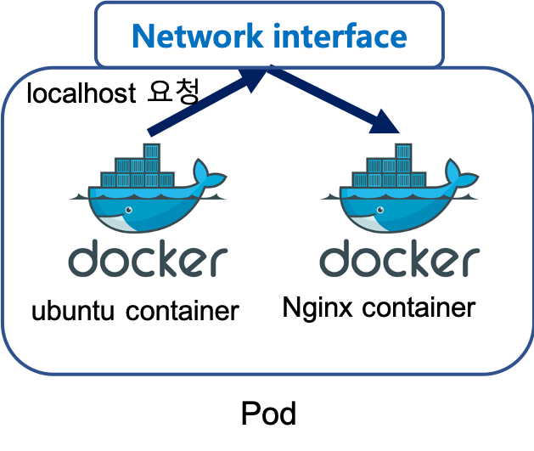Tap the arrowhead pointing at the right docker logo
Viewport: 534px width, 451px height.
[385, 122]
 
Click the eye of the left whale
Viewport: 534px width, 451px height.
[128, 208]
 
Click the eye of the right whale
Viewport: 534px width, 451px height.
[380, 208]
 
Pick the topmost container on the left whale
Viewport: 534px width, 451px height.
[151, 153]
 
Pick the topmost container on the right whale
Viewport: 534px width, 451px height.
[403, 153]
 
